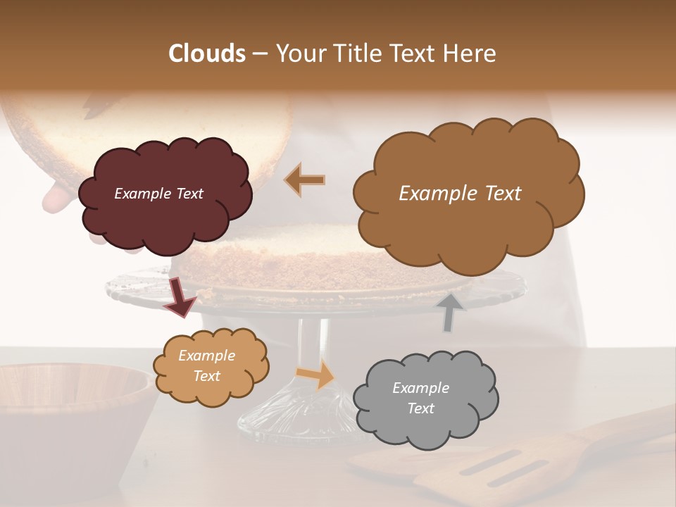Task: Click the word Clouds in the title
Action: pyautogui.click(x=208, y=54)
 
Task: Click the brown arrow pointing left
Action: pyautogui.click(x=306, y=180)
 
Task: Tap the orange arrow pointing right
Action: pyautogui.click(x=316, y=375)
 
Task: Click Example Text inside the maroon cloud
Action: pyautogui.click(x=158, y=194)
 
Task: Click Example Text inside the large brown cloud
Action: pyautogui.click(x=460, y=194)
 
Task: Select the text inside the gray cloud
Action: pyautogui.click(x=420, y=398)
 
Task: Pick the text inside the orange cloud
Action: pyautogui.click(x=206, y=365)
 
